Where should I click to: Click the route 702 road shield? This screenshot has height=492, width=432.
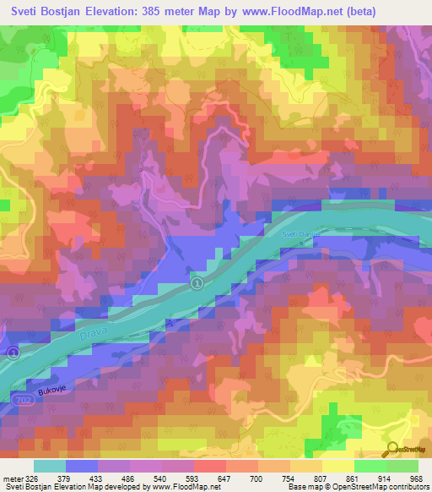(23, 396)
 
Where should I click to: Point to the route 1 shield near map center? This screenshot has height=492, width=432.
(196, 282)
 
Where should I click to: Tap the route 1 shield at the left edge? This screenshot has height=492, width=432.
(12, 352)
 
